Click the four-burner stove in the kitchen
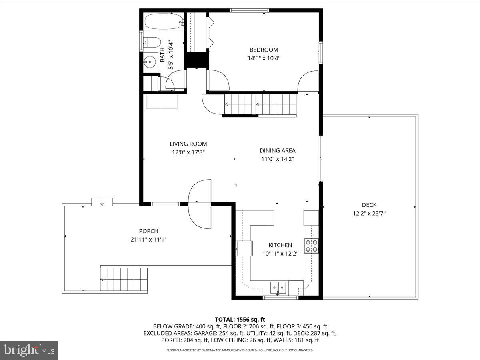[x=311, y=246]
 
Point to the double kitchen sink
[x=278, y=287]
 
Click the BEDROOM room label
[x=264, y=50]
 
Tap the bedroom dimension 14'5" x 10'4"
[x=264, y=58]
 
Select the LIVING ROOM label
[x=188, y=144]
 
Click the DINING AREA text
[x=278, y=151]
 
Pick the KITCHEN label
[x=280, y=245]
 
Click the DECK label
[x=369, y=205]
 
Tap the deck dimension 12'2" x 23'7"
[x=369, y=213]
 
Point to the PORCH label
[x=148, y=231]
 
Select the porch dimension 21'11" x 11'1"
[x=148, y=239]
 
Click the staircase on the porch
[x=124, y=280]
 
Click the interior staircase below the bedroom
[x=260, y=105]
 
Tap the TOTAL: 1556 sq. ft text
[x=240, y=319]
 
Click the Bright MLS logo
[x=29, y=350]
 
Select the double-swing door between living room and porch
[x=200, y=204]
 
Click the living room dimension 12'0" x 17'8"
[x=188, y=152]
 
